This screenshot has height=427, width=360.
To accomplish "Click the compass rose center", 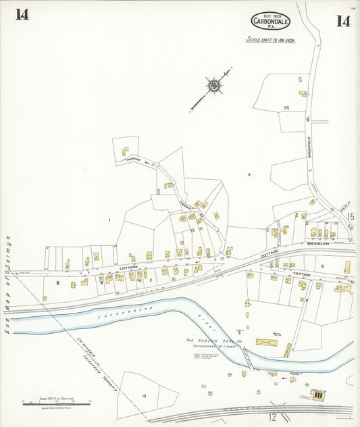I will (213, 85).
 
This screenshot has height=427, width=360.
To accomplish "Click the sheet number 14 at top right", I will (342, 21).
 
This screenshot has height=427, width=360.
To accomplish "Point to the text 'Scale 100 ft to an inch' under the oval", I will (270, 41).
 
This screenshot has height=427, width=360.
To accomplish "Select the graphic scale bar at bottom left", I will (57, 403).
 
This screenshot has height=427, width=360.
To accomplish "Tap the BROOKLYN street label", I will (317, 244).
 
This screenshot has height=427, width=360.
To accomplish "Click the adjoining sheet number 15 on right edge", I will (350, 217).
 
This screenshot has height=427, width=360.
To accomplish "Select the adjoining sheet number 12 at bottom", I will (274, 418).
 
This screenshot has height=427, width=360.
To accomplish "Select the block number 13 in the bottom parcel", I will (144, 395).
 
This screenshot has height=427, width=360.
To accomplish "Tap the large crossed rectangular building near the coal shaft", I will (265, 343).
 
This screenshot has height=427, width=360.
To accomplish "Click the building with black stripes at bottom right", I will (316, 393).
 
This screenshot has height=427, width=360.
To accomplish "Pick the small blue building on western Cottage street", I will (58, 282).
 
